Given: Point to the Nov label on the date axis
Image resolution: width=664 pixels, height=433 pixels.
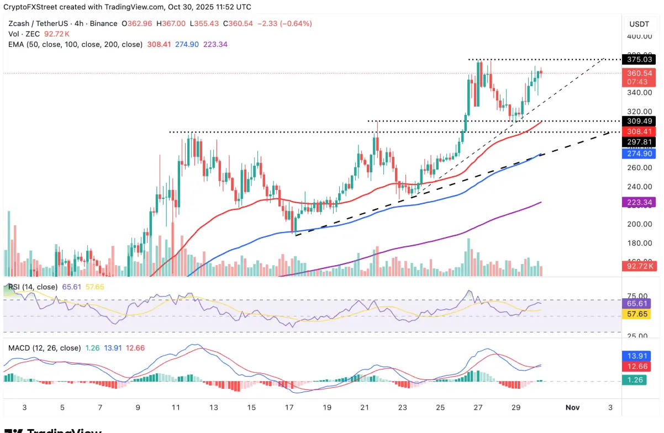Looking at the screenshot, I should pos(572,407).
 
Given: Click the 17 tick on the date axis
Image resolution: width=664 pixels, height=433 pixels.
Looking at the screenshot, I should pos(289,407).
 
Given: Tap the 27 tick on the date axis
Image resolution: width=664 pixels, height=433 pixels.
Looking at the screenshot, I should pos(478,407).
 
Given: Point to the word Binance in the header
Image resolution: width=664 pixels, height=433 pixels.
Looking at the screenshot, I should pos(103,24).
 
